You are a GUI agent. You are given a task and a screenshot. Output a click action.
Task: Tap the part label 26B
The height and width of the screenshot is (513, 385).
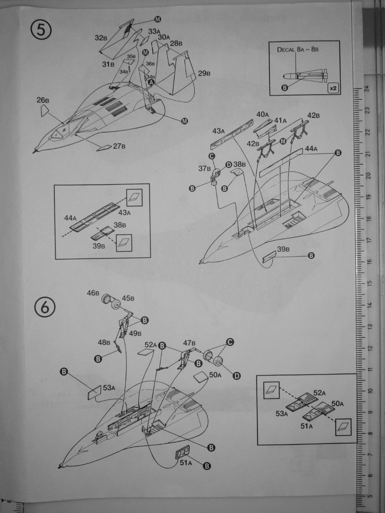43,100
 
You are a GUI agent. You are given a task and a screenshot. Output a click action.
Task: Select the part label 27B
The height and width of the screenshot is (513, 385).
121,146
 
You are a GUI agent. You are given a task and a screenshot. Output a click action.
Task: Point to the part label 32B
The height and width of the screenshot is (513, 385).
101,38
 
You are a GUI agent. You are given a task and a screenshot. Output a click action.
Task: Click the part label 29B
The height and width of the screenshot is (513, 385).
204,73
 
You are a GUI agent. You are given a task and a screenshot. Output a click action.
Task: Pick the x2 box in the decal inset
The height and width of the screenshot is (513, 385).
333,88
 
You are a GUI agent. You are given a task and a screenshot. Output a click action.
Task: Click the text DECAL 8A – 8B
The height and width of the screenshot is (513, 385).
298,50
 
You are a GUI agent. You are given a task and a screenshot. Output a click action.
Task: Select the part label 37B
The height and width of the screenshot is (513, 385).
205,168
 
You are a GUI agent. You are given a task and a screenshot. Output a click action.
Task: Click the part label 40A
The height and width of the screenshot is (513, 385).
263,114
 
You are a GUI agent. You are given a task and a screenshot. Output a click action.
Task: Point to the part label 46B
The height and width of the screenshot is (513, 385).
93,293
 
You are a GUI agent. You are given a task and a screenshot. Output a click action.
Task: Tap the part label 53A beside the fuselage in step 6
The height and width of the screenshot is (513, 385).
109,388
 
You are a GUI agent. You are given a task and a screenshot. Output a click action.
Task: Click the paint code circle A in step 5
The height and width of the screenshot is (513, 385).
151,82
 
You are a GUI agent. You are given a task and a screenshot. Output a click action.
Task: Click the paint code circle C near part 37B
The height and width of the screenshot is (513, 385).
211,156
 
